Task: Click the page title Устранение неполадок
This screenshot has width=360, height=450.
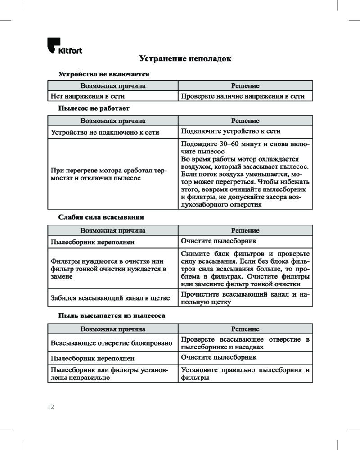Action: [185, 59]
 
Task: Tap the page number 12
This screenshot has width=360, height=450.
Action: [50, 407]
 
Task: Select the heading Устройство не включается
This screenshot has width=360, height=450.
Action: [104, 73]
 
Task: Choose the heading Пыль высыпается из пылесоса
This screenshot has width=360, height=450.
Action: [112, 316]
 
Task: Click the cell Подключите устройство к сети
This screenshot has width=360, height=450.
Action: [230, 131]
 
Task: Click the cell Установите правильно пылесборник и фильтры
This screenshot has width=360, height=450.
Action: [245, 374]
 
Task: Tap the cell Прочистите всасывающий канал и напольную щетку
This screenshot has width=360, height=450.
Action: [245, 298]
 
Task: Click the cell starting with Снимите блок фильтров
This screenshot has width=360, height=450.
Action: [245, 269]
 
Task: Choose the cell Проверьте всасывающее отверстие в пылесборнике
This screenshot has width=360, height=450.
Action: [245, 343]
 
